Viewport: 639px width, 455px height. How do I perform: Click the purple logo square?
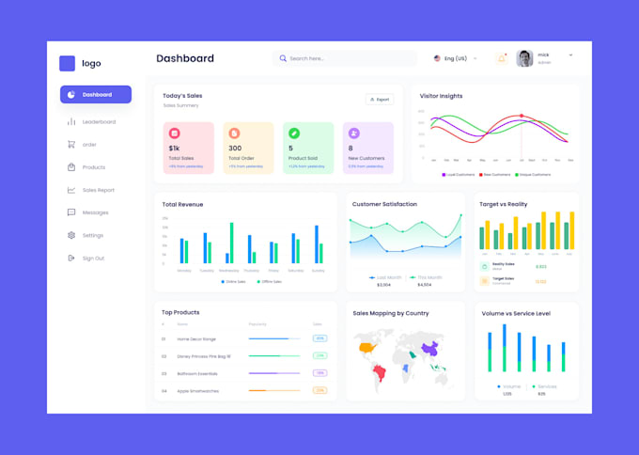click(67, 64)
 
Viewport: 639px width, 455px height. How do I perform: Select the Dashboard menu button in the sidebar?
click(95, 94)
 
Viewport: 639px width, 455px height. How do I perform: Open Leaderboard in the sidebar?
click(98, 121)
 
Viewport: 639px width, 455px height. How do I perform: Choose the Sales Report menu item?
click(98, 190)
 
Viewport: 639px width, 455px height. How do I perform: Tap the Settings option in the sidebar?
click(92, 235)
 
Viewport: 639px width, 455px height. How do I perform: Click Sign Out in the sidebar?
click(93, 258)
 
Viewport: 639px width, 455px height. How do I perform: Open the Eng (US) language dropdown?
click(455, 58)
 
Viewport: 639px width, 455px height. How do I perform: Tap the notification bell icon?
click(501, 58)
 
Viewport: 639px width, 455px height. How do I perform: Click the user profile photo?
click(524, 58)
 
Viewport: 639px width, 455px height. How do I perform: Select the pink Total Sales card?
click(188, 148)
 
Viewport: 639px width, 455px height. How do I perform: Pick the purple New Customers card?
click(367, 148)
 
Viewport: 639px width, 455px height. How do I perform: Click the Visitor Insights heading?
click(441, 96)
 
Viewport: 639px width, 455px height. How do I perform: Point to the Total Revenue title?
click(182, 204)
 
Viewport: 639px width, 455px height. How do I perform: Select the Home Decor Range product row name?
click(196, 338)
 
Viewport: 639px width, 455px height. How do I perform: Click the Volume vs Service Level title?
click(516, 313)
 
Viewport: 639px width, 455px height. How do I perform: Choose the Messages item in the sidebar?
click(95, 212)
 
